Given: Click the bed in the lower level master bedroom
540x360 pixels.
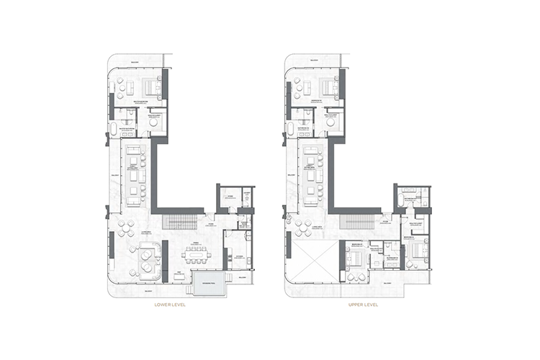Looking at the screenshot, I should tap(153, 88).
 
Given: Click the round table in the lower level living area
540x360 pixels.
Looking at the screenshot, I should tap(126, 228).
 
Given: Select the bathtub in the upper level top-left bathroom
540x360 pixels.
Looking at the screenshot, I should tap(292, 130).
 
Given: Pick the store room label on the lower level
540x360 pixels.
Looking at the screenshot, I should tap(230, 195).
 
